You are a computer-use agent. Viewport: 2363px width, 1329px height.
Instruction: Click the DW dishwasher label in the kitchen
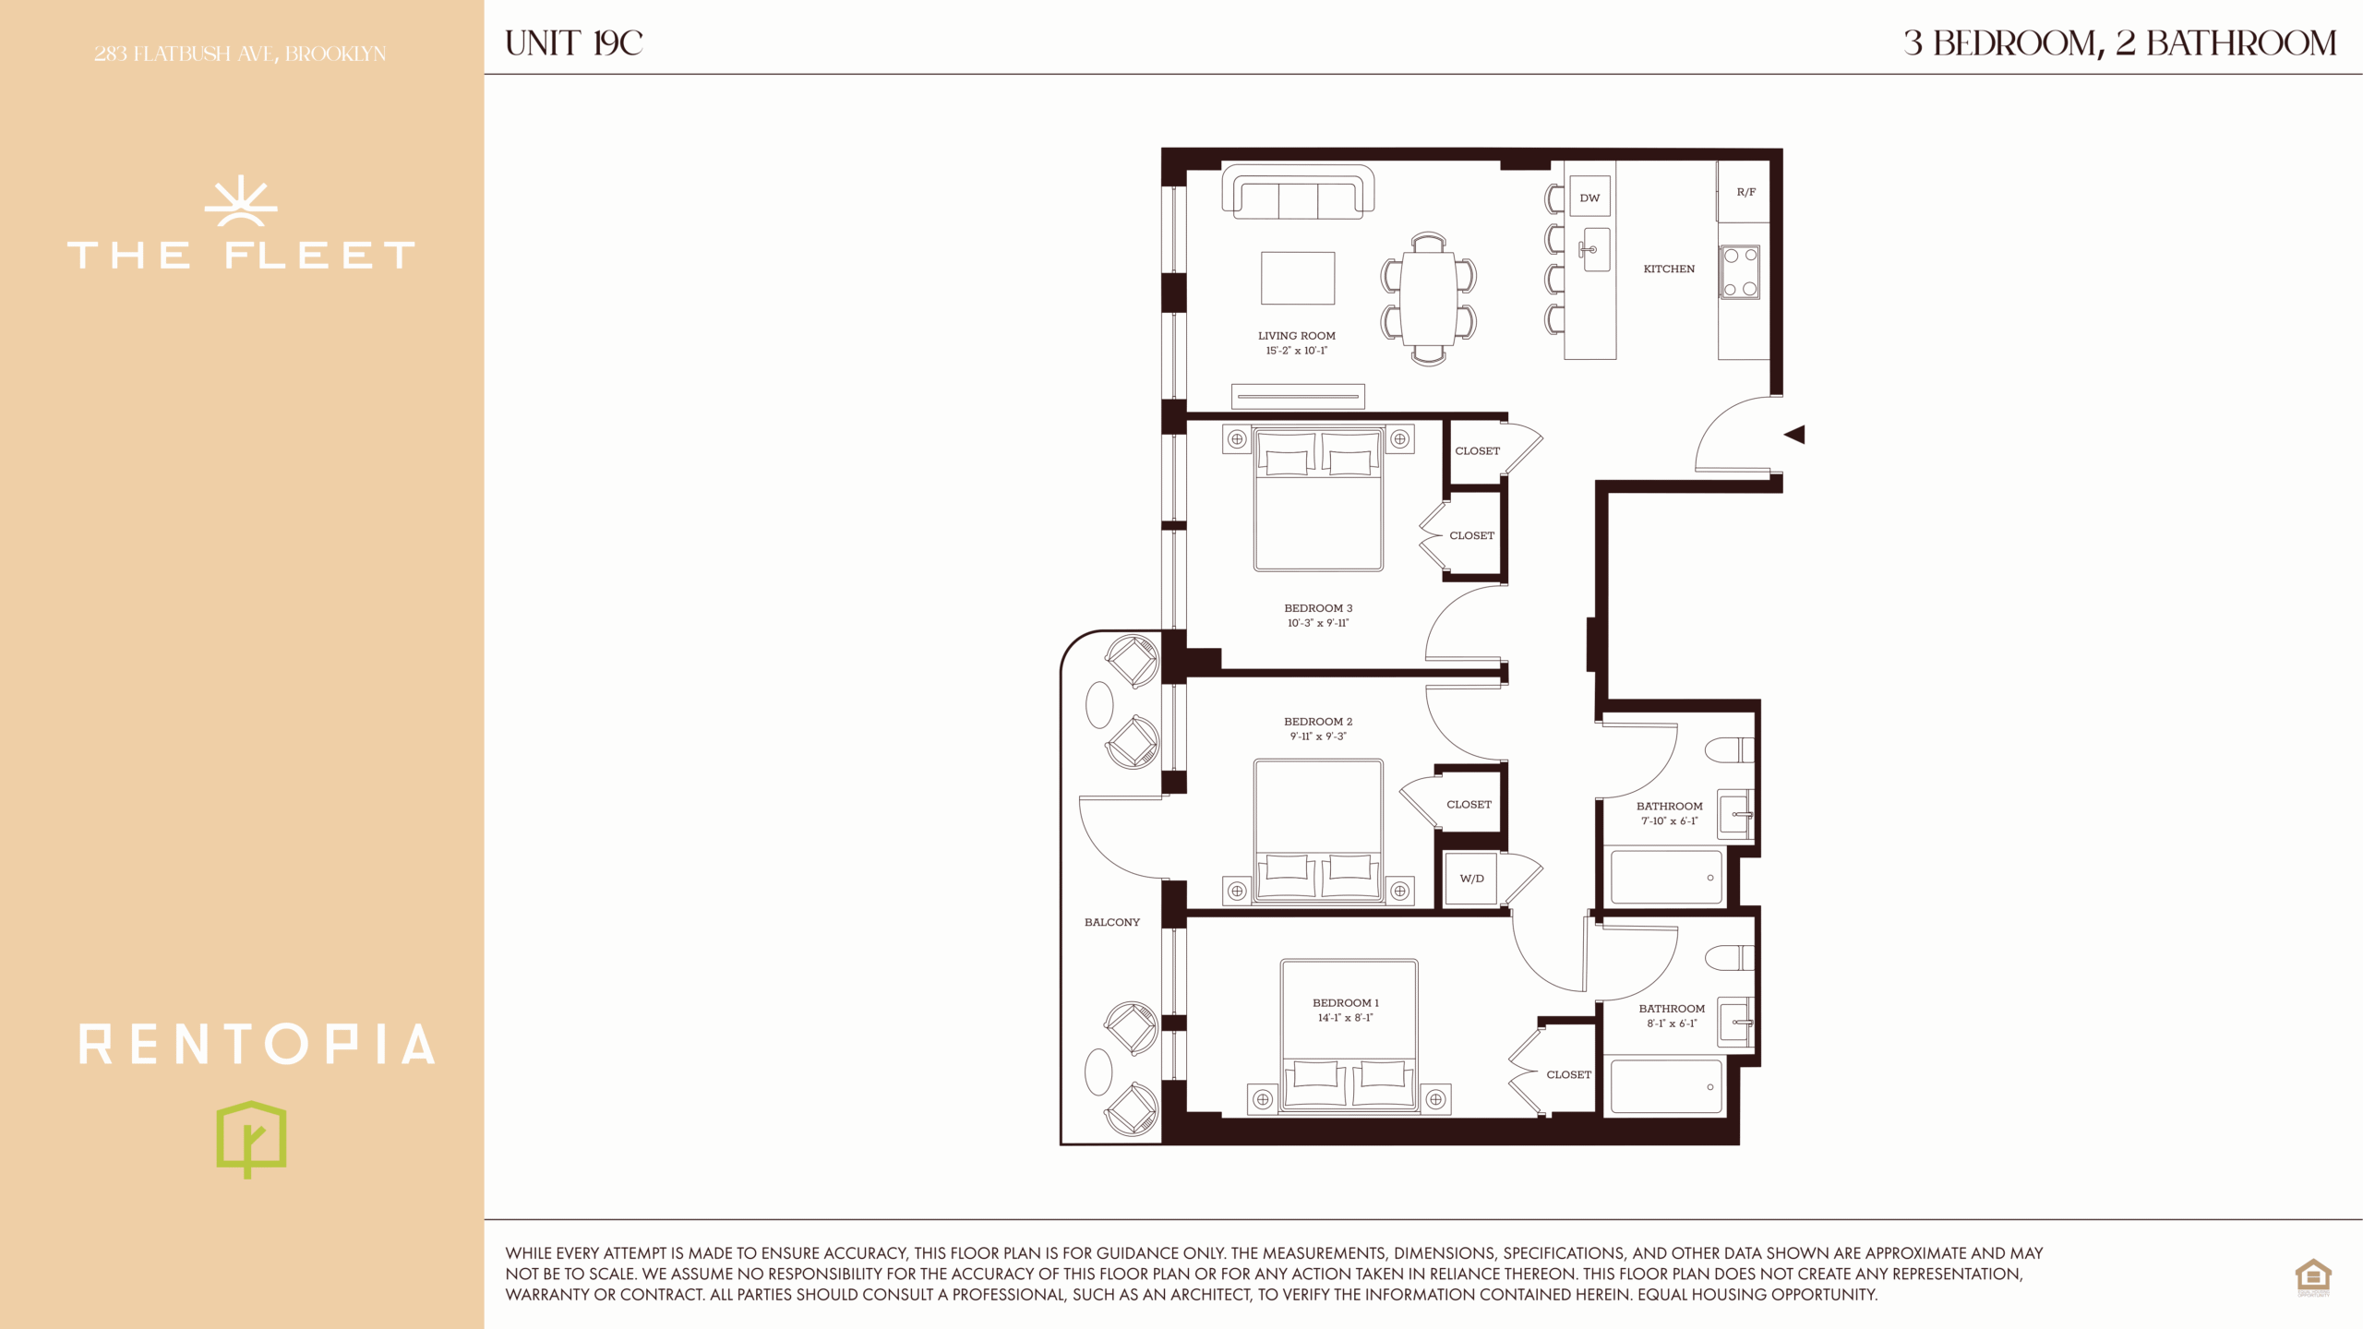click(x=1589, y=198)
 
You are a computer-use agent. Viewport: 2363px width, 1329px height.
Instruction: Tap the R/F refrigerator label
click(x=1746, y=192)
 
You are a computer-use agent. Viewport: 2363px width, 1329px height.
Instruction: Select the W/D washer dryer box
click(x=1471, y=878)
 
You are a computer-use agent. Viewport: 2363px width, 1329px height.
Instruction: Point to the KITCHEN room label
click(x=1669, y=269)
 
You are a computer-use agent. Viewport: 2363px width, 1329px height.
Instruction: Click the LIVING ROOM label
click(x=1296, y=336)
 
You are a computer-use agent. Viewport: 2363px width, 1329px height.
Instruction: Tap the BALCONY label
click(x=1111, y=922)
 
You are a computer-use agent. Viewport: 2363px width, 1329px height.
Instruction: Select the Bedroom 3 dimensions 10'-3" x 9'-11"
click(x=1318, y=623)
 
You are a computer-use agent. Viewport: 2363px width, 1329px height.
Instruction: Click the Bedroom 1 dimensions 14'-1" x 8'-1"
click(x=1345, y=1018)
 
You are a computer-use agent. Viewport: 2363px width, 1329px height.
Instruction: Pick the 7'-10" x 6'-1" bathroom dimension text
click(x=1669, y=820)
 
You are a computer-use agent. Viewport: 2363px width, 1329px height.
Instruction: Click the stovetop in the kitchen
click(x=1740, y=272)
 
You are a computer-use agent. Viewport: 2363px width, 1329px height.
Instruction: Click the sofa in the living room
click(x=1298, y=192)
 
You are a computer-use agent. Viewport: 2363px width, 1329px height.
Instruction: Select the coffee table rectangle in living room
click(x=1298, y=278)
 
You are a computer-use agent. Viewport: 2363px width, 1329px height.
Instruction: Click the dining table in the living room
click(x=1428, y=299)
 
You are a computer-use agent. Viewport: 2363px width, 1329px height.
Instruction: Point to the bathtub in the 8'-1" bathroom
click(x=1666, y=1086)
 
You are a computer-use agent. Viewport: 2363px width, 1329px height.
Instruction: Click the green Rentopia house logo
click(x=251, y=1138)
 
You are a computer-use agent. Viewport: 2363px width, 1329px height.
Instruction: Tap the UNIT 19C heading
click(x=573, y=43)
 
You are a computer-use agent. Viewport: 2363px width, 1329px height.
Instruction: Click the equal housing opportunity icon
click(x=2313, y=1277)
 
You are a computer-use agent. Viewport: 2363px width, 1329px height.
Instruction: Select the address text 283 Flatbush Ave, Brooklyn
click(x=240, y=54)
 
